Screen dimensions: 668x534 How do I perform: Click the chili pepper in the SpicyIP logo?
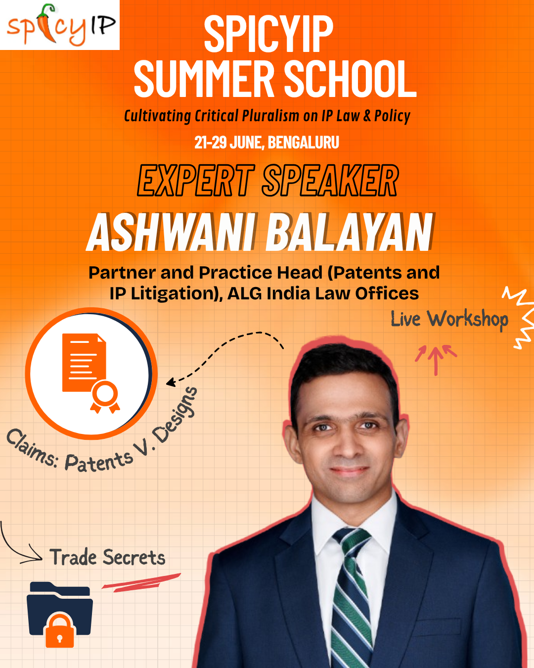coord(47,23)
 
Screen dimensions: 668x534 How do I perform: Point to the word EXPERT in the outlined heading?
coord(196,181)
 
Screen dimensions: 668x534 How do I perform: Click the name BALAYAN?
coord(350,233)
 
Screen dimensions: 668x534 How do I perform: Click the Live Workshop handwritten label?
coord(449,319)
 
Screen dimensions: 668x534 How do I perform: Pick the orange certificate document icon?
coord(84,364)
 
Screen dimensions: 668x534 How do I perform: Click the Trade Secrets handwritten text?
coord(107,558)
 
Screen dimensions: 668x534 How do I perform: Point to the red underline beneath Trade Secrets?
coord(141,582)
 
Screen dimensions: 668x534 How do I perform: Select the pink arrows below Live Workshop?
coord(436,358)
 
